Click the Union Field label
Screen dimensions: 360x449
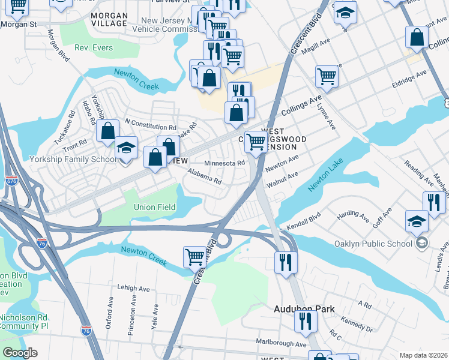[154, 207]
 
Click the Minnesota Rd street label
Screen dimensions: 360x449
[224, 163]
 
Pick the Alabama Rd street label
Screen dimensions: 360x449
[204, 176]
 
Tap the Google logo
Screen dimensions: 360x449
[20, 353]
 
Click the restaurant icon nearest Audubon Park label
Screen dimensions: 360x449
[306, 322]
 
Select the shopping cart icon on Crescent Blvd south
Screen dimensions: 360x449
[194, 256]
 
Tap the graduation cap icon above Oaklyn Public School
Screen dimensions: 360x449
[417, 220]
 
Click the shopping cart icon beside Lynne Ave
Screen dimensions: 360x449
[327, 76]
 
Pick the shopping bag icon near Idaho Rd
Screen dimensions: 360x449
[107, 131]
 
